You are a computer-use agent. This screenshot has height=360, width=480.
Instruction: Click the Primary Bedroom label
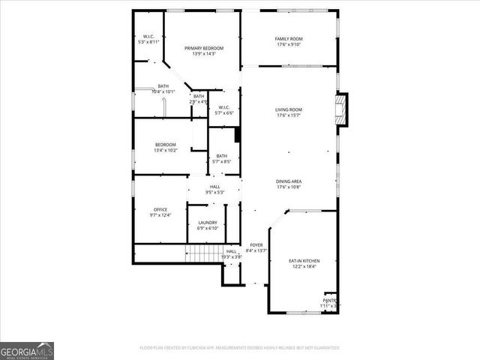(x=204, y=48)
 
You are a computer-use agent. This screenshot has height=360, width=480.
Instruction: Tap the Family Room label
(x=288, y=39)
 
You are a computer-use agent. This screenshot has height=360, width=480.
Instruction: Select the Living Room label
(x=288, y=109)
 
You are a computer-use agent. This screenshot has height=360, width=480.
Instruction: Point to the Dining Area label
(x=288, y=181)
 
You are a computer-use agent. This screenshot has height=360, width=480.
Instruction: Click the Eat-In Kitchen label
(x=303, y=260)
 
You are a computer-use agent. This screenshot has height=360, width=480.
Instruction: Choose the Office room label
(x=160, y=209)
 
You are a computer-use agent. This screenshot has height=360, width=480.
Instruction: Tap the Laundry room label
(x=208, y=222)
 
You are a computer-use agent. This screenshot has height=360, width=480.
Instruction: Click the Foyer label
(x=256, y=244)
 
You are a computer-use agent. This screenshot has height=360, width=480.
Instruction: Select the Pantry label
(x=329, y=300)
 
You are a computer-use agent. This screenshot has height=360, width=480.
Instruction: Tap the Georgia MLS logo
(x=27, y=350)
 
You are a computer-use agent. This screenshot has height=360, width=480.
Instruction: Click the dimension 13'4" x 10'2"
(x=166, y=150)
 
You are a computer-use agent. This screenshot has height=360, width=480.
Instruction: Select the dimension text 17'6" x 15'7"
(x=288, y=115)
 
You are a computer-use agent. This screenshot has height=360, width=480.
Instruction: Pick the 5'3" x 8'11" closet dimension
(x=148, y=42)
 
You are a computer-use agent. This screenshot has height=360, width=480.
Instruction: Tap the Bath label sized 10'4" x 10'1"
(x=163, y=86)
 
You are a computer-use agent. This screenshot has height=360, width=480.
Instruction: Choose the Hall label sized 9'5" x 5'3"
(x=215, y=187)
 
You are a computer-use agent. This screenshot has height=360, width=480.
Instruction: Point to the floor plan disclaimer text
(x=239, y=348)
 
